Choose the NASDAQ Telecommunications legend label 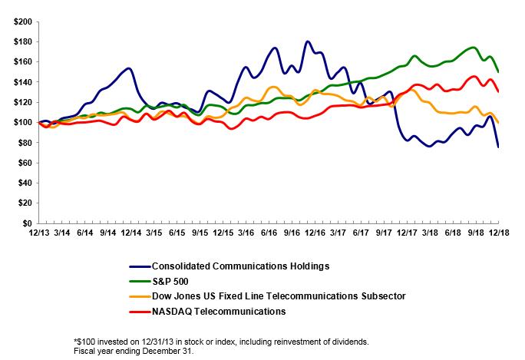click(x=219, y=311)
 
